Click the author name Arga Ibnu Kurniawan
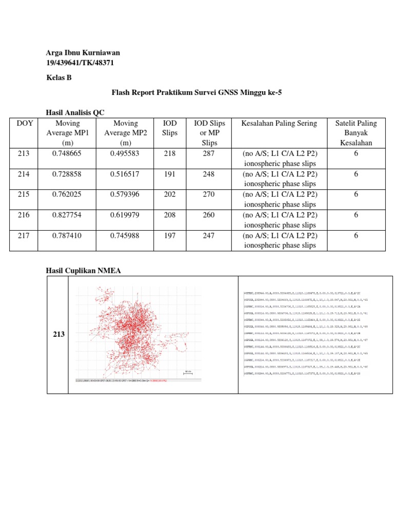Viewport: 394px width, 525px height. (x=83, y=53)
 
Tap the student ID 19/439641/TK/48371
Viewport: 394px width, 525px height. (x=80, y=63)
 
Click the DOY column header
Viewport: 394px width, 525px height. (x=24, y=123)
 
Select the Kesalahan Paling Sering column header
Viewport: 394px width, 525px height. (x=280, y=123)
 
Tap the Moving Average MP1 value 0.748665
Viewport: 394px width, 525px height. (x=67, y=153)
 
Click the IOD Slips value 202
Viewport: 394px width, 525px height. (x=170, y=194)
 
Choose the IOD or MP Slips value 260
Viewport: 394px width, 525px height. (x=208, y=215)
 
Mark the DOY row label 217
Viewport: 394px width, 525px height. (x=24, y=235)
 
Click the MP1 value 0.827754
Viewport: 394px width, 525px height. (x=67, y=215)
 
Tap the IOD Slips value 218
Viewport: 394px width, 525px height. (x=170, y=153)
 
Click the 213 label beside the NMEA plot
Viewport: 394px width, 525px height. (x=58, y=334)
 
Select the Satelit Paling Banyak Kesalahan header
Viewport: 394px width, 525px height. (x=356, y=133)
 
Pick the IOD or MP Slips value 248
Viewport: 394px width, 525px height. (x=208, y=174)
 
